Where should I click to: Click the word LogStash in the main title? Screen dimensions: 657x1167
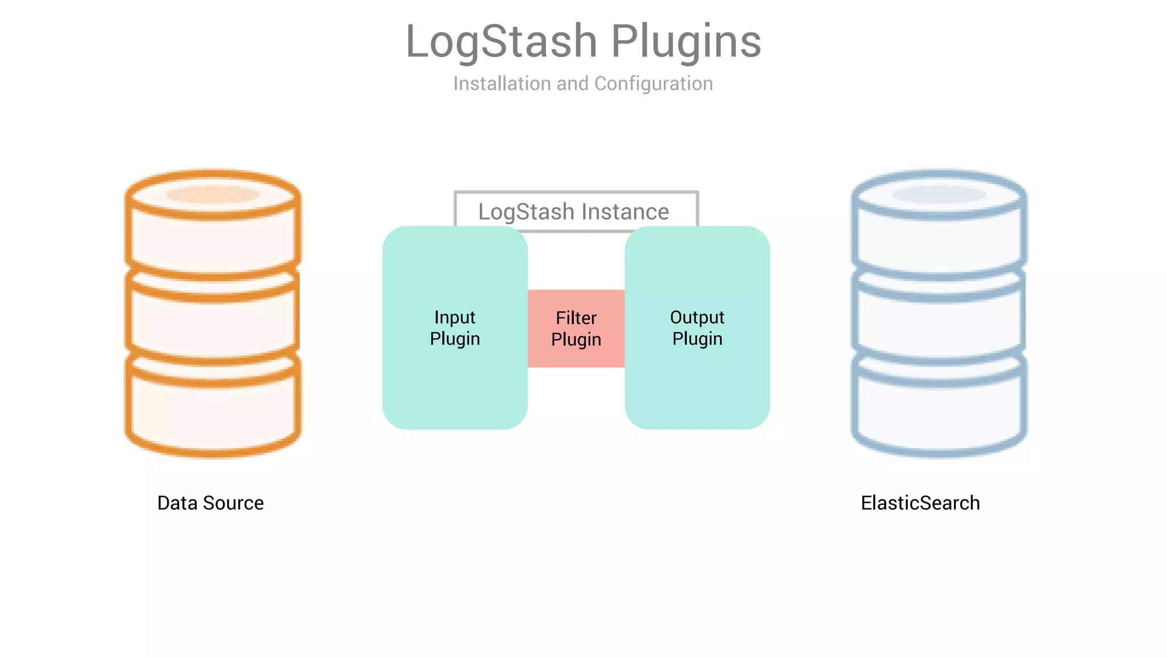(x=501, y=42)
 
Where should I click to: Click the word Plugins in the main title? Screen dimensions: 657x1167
(x=686, y=42)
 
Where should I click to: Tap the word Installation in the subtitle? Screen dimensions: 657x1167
(x=502, y=84)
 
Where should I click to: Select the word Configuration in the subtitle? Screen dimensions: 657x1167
(x=653, y=84)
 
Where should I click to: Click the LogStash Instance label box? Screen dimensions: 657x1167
(x=576, y=212)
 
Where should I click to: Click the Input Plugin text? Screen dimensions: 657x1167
(x=455, y=328)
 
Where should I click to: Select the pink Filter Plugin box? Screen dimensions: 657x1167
(x=576, y=328)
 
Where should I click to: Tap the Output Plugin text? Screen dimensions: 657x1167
(x=697, y=328)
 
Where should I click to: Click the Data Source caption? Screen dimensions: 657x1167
(x=210, y=503)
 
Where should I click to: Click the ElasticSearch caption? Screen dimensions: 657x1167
(x=920, y=503)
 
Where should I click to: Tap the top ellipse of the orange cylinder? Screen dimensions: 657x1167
(x=213, y=194)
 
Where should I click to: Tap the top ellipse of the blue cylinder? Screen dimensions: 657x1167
(x=939, y=194)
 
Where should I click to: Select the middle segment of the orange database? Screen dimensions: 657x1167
(x=213, y=325)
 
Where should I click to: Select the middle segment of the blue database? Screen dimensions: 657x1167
(x=939, y=325)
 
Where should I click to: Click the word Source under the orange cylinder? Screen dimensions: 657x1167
(x=233, y=503)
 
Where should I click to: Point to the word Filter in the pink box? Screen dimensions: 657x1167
(x=576, y=318)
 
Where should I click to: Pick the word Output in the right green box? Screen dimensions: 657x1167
(x=697, y=317)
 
